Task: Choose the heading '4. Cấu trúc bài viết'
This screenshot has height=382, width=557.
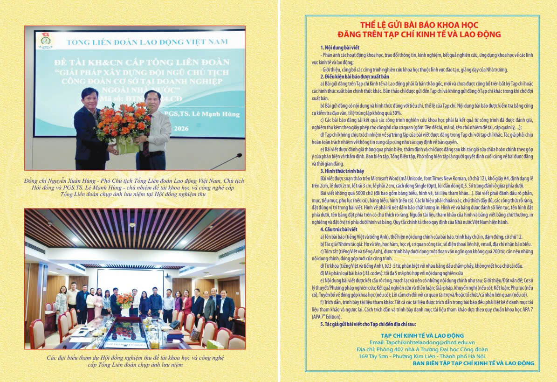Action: [x=338, y=230]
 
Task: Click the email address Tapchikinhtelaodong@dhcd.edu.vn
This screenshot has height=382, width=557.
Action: [x=422, y=342]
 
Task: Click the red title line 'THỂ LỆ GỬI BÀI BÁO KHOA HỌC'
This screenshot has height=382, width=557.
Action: [x=419, y=25]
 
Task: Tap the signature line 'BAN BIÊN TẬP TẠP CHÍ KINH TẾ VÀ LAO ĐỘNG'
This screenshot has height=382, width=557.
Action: [x=473, y=363]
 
